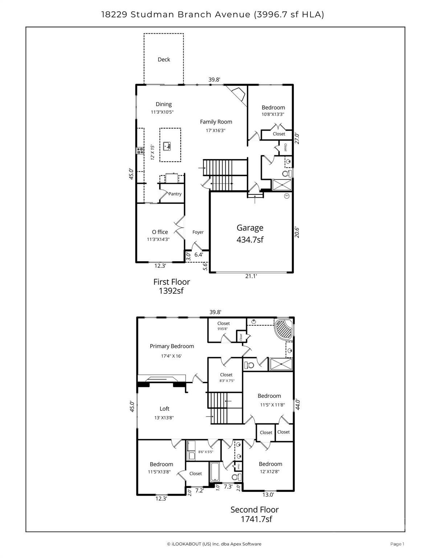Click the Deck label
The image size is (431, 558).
(164, 60)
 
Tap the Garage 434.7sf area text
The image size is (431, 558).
(250, 240)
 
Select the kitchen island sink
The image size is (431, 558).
(167, 146)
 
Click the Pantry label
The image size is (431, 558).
(175, 194)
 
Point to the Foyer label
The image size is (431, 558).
(198, 232)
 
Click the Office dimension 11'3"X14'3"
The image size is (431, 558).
(158, 239)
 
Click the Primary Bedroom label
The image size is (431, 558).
(172, 346)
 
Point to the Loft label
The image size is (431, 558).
(164, 409)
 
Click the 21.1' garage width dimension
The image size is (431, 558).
(251, 276)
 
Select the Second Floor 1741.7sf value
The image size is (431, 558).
(256, 519)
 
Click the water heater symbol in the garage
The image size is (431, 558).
(286, 196)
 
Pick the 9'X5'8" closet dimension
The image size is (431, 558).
(223, 329)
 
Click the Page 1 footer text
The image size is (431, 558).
(397, 544)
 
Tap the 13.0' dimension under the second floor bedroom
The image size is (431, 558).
(268, 494)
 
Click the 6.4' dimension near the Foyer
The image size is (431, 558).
(199, 255)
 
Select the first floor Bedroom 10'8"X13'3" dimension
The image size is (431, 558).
(273, 114)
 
